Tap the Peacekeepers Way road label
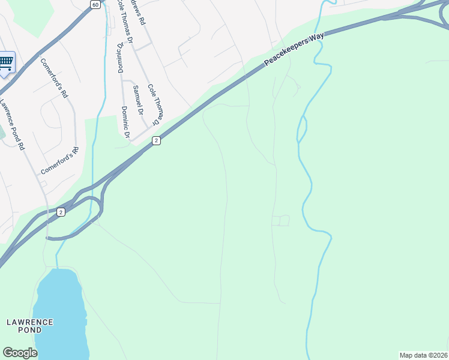click(x=295, y=50)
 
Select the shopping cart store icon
click(x=5, y=62)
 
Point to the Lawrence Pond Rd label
click(x=12, y=124)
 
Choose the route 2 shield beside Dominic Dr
click(x=156, y=140)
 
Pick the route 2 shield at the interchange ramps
click(x=61, y=212)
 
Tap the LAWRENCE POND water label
click(x=29, y=326)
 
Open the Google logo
click(x=20, y=353)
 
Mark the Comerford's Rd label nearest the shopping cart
click(x=55, y=78)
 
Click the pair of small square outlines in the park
click(x=280, y=221)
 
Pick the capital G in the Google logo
click(x=8, y=353)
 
